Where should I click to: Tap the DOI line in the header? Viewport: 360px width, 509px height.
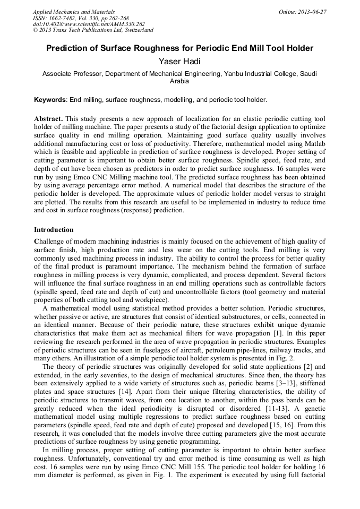88,24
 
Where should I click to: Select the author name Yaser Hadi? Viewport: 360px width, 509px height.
179,62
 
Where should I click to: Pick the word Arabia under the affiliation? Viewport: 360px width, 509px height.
179,82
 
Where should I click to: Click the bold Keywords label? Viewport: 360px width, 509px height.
50,100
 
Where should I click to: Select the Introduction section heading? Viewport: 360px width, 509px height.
54,230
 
